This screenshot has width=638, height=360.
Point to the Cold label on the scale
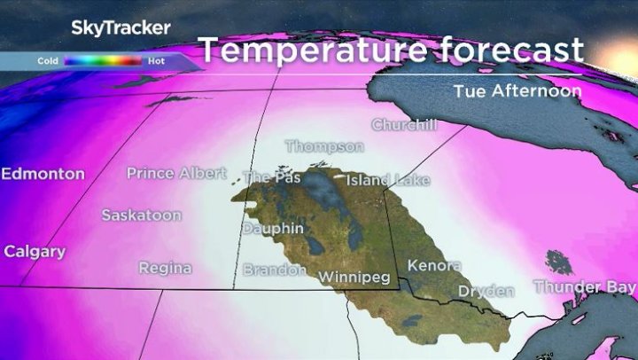[48, 62]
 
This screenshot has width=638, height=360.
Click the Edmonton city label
[43, 174]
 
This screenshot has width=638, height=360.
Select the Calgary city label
[35, 251]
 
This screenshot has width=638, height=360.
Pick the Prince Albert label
[176, 173]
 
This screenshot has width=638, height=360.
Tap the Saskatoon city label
[141, 215]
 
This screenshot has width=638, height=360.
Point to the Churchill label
[404, 125]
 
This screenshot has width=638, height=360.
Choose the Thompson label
[324, 146]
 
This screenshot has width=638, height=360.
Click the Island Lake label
[388, 180]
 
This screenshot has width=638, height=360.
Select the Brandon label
[275, 269]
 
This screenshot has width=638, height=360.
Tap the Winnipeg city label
[354, 278]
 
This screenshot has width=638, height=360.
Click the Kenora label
[433, 265]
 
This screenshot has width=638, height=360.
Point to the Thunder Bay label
[584, 287]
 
